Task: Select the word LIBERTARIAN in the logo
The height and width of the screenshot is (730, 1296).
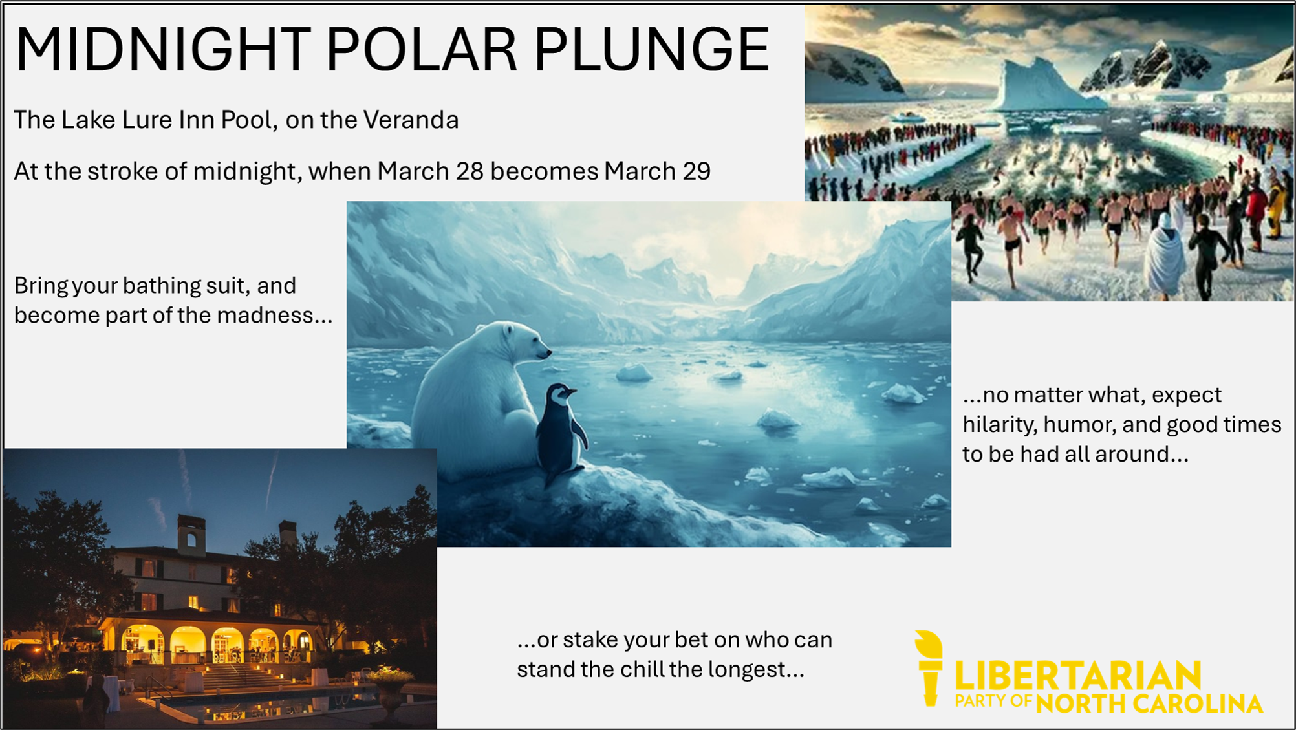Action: [1078, 677]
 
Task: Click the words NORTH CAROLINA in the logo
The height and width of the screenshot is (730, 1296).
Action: [1149, 704]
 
